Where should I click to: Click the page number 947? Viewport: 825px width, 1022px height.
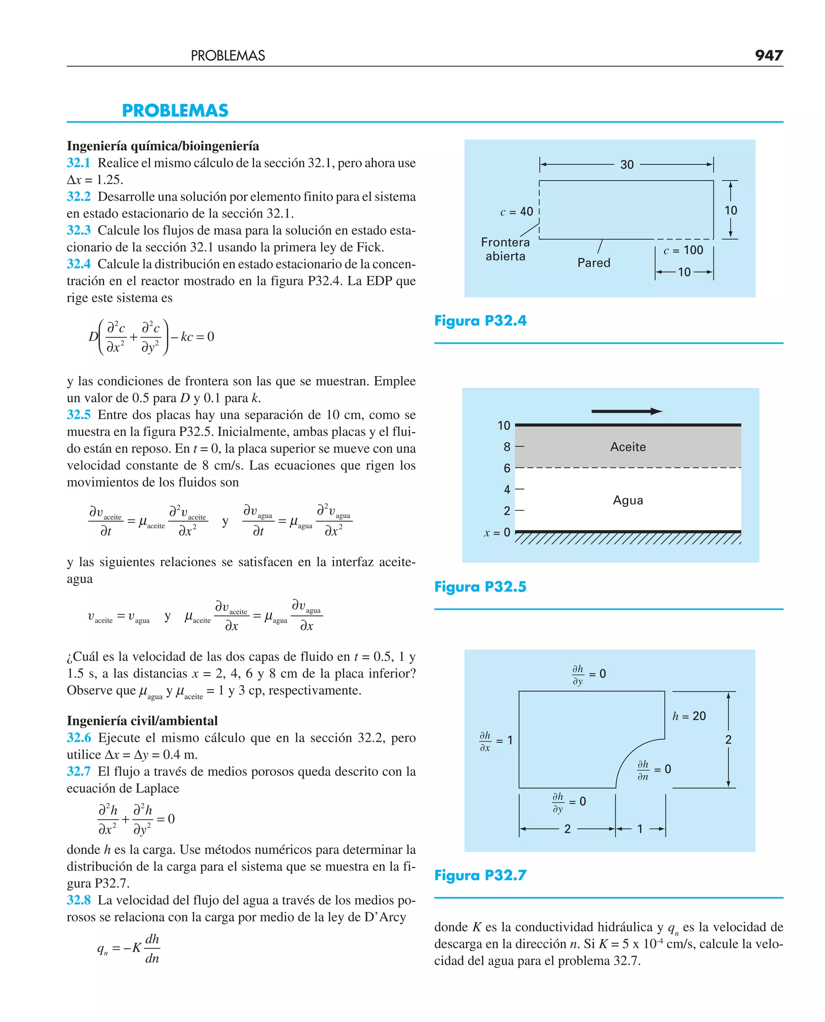point(769,56)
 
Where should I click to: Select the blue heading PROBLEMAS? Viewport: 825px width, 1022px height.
point(175,111)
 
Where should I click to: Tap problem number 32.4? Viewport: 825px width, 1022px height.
point(79,264)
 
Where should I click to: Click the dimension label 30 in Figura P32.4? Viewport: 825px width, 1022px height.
point(626,164)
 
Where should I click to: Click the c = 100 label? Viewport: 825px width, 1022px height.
point(683,250)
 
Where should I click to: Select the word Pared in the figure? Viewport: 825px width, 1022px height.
point(593,262)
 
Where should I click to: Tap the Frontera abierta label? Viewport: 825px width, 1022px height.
point(505,249)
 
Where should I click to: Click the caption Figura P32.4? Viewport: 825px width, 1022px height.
point(480,321)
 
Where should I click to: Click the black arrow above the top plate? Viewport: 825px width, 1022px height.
point(626,411)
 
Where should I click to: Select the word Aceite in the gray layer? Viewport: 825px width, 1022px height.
point(628,447)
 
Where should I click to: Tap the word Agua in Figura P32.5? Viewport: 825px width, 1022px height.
point(628,500)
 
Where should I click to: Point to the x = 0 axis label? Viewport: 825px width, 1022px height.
point(497,532)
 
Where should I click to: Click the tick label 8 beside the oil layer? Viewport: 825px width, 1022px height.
point(507,447)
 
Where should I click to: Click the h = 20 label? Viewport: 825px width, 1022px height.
point(688,716)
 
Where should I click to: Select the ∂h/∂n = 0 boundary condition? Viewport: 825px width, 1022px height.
point(654,770)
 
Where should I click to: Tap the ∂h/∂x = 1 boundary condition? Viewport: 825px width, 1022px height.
point(495,741)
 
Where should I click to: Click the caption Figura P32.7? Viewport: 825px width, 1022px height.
point(480,875)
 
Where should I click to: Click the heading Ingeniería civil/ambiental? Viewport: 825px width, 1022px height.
point(142,721)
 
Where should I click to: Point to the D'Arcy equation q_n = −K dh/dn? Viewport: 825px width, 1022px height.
point(129,948)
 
